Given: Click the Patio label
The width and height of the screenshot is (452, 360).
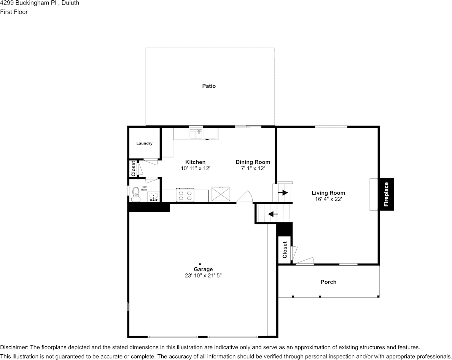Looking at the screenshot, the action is tap(209, 86).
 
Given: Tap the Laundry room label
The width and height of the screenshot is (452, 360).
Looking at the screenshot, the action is tap(144, 143).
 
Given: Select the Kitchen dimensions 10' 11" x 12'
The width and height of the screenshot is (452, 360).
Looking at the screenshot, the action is tap(196, 168).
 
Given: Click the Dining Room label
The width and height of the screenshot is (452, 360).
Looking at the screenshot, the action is tap(253, 162).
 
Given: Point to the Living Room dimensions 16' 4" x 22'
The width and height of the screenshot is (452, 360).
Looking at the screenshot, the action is tap(328, 199).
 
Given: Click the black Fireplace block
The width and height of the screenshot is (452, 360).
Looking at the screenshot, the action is tap(386, 194).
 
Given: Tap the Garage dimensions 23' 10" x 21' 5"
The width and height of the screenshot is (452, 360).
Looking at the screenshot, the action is tap(203, 275).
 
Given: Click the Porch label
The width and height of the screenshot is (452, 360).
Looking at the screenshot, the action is tap(329, 282).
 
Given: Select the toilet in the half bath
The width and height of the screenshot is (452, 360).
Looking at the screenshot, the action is tap(135, 194).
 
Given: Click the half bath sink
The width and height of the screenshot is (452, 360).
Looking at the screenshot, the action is tap(153, 197).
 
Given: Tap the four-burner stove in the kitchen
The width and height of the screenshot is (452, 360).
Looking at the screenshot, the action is tap(185, 195).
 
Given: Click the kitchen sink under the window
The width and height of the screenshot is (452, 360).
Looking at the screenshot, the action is tap(196, 134).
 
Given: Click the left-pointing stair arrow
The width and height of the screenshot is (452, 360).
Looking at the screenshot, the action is tap(273, 214).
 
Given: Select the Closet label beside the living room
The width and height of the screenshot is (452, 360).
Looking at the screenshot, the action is tap(285, 250).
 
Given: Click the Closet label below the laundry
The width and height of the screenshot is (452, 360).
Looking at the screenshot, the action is tap(133, 168).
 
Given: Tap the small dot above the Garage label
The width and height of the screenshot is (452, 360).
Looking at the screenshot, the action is tap(200, 264).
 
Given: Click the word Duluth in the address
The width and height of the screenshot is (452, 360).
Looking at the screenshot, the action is tap(70, 3).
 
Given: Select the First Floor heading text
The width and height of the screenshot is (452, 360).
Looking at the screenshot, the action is tap(14, 12).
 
